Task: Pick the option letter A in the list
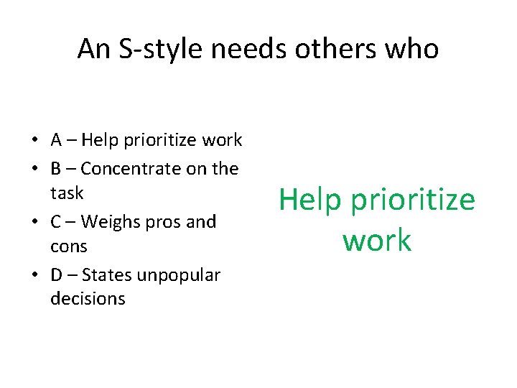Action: click(x=56, y=140)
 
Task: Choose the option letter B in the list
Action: click(x=56, y=169)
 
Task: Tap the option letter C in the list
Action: click(x=56, y=222)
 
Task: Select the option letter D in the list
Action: click(x=57, y=275)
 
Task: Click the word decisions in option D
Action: click(x=88, y=299)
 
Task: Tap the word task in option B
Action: click(x=67, y=193)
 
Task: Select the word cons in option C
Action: click(x=69, y=246)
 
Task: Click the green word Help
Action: click(x=310, y=199)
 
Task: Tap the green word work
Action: click(x=377, y=240)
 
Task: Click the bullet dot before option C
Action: click(x=35, y=223)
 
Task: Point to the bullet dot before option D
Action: click(x=35, y=276)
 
